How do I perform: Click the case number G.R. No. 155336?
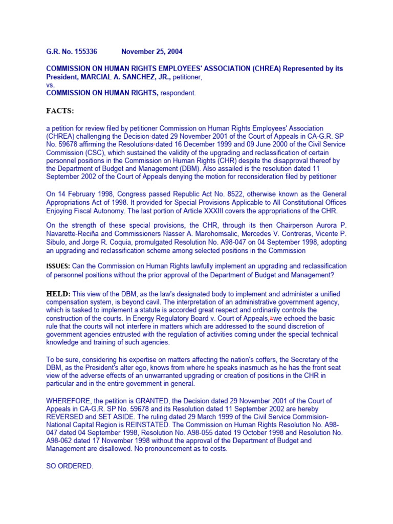72,52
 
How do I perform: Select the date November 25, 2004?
152,52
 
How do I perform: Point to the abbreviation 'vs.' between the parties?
51,85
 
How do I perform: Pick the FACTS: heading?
60,111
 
